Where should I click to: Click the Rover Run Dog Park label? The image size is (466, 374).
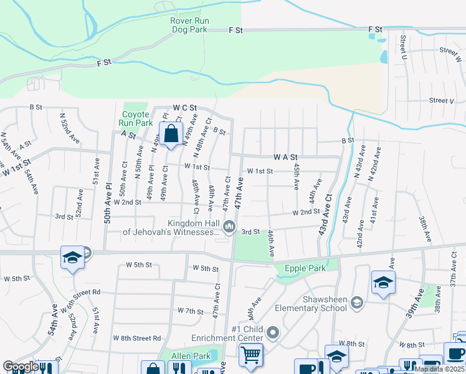tap(190, 24)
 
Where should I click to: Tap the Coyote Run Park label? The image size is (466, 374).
tap(135, 118)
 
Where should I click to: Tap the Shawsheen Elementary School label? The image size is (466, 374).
tap(325, 304)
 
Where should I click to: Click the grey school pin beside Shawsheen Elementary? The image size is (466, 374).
tap(357, 304)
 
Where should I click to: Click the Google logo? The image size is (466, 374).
tap(20, 367)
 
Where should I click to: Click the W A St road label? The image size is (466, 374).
tap(286, 158)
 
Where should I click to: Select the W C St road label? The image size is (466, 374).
tap(185, 108)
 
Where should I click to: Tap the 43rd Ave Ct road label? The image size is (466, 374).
tap(325, 214)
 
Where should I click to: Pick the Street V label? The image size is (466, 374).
tap(441, 100)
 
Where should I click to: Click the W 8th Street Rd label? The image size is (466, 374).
tap(136, 338)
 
